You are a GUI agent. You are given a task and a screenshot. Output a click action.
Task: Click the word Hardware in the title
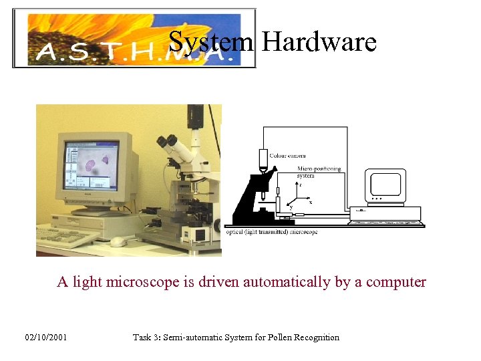(319, 42)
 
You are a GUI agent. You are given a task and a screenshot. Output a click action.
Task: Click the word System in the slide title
(211, 42)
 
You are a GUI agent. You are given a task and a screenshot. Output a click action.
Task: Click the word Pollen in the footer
(276, 338)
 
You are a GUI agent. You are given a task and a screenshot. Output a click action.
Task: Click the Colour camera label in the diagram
(287, 156)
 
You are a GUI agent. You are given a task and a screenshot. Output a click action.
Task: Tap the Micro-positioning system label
(319, 171)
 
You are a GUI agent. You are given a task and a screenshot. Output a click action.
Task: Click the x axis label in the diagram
(310, 201)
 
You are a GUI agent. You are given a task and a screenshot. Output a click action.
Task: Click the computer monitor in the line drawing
(386, 185)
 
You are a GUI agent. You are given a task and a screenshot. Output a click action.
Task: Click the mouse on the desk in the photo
(118, 241)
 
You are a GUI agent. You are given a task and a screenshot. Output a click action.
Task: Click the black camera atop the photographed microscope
(195, 116)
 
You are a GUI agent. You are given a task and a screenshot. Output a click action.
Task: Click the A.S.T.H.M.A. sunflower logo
(134, 38)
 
